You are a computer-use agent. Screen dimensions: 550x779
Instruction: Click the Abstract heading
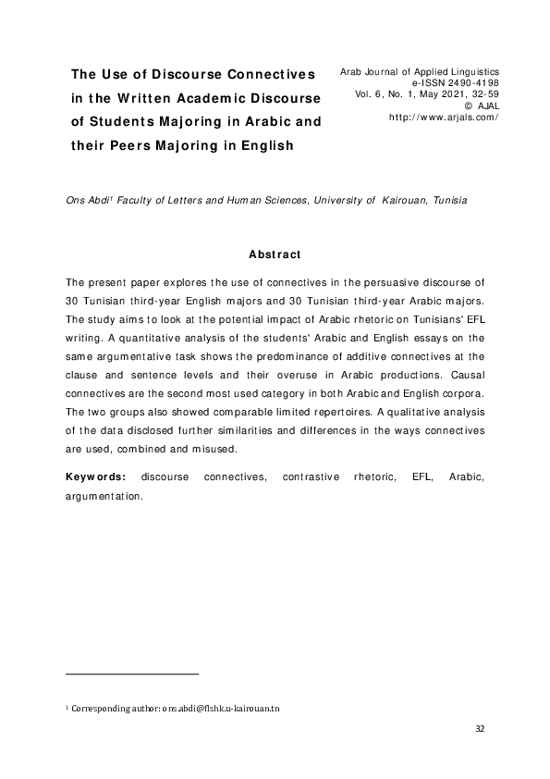pyautogui.click(x=275, y=254)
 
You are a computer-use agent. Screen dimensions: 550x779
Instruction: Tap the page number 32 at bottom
pyautogui.click(x=479, y=729)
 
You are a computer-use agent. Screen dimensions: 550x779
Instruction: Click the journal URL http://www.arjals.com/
pyautogui.click(x=444, y=118)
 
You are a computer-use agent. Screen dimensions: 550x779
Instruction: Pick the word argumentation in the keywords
pyautogui.click(x=104, y=495)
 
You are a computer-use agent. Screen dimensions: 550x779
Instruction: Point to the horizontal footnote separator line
pyautogui.click(x=133, y=674)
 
